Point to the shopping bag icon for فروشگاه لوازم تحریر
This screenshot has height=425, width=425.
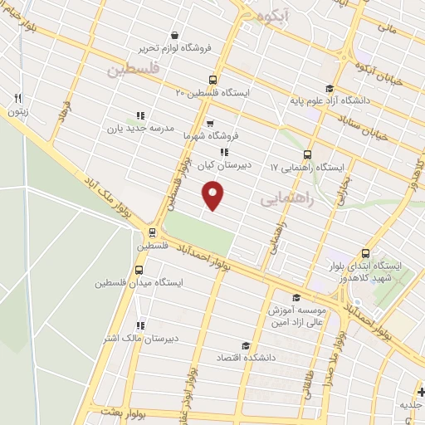(x=175, y=35)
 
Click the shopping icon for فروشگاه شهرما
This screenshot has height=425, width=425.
(x=209, y=124)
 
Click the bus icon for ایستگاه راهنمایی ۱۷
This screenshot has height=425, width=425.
(x=308, y=154)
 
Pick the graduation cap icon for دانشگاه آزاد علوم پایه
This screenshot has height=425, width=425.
(x=330, y=89)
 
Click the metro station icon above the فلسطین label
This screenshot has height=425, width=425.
(x=152, y=233)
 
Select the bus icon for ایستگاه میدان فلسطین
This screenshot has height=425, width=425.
(x=139, y=270)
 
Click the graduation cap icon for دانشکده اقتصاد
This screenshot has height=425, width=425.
(x=245, y=346)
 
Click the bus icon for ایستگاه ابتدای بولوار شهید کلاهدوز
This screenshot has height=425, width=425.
(x=366, y=254)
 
